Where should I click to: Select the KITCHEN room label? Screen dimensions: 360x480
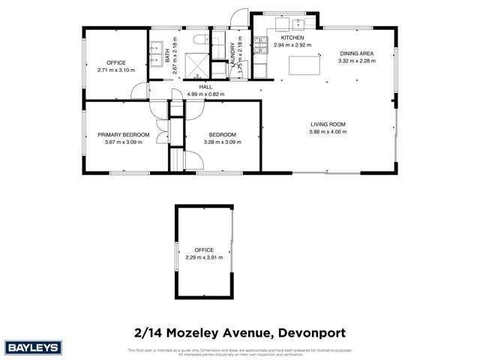pos(291,37)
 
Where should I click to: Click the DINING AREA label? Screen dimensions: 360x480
pos(355,54)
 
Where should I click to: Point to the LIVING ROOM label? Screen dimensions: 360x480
pos(328,124)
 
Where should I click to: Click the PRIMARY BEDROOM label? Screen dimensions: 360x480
pos(123,135)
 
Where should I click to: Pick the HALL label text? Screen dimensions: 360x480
pos(205,87)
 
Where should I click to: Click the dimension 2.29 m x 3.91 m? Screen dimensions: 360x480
pos(204,257)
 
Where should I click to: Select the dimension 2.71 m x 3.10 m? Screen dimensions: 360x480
pos(115,70)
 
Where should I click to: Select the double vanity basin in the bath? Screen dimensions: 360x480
pos(155,56)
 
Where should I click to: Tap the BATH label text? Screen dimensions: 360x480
pos(166,54)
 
